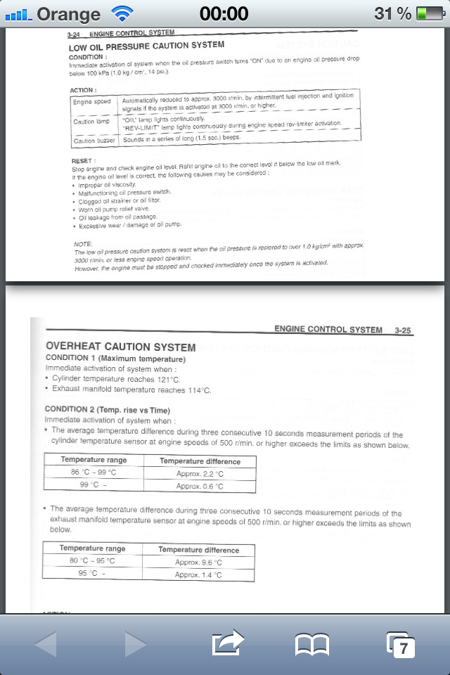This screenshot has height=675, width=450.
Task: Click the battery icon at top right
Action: coord(430,13)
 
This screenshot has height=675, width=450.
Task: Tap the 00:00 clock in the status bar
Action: coord(224,13)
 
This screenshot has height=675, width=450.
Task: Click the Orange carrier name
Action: coord(67,13)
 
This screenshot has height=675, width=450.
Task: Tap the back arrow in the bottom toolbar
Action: coord(46,643)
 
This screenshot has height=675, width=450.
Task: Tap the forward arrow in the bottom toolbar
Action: coord(135,643)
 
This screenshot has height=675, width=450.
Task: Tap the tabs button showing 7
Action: coord(401,644)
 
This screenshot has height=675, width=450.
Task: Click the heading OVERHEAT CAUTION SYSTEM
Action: coord(120,346)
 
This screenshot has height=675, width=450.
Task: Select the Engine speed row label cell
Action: coord(93,102)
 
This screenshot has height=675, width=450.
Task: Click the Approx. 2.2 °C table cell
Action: coord(199,474)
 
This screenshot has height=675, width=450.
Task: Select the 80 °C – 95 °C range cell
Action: coord(92,561)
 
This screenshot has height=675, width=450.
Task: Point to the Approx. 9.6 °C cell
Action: coord(198,562)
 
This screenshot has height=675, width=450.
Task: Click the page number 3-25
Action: coord(403,329)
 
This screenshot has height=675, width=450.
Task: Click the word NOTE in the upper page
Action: coord(83,243)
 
